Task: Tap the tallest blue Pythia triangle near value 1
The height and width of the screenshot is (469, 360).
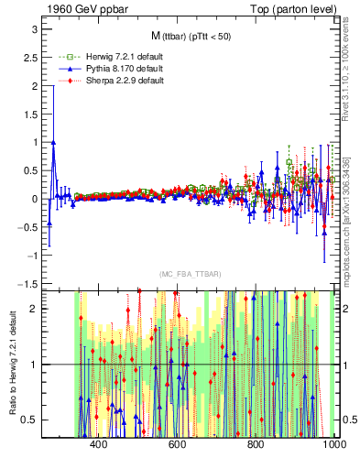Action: click(53, 143)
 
